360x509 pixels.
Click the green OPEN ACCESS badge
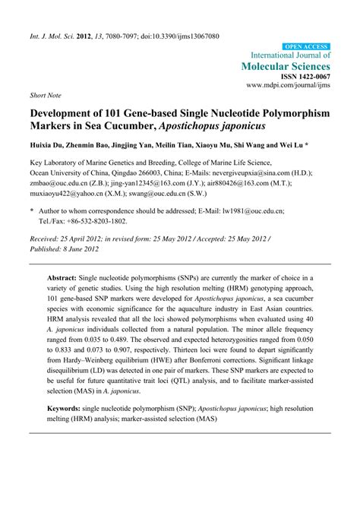pyautogui.click(x=307, y=46)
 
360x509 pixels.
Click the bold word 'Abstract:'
pyautogui.click(x=65, y=280)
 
